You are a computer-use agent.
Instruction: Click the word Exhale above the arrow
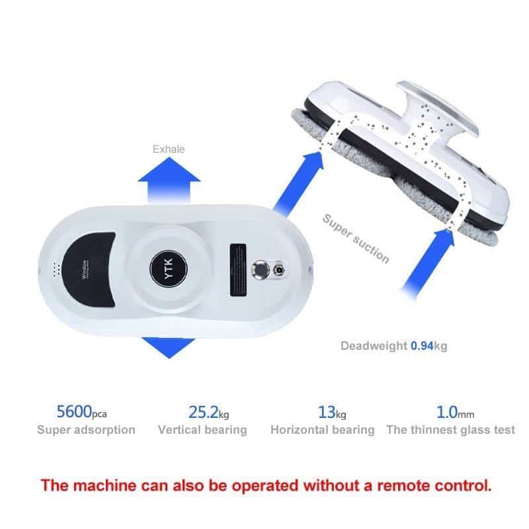click(169, 149)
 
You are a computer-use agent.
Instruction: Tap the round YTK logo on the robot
click(169, 269)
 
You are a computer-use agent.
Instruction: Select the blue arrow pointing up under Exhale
click(169, 181)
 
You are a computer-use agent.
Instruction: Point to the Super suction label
click(356, 238)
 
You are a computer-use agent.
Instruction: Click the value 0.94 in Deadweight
click(422, 346)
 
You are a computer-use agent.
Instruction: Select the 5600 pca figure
click(81, 412)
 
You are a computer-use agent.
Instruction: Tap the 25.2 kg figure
click(208, 412)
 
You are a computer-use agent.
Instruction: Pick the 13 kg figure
click(332, 412)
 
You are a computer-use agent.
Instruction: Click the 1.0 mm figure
click(455, 412)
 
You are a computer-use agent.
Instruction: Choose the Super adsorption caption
click(86, 430)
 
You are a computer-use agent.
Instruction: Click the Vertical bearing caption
click(202, 430)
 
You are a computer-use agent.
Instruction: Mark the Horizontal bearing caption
click(323, 430)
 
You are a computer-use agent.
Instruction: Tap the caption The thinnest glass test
click(451, 430)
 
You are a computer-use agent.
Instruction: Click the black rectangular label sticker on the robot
click(238, 270)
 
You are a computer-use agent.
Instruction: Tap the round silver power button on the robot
click(260, 270)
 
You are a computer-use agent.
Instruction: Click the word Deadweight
click(374, 346)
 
